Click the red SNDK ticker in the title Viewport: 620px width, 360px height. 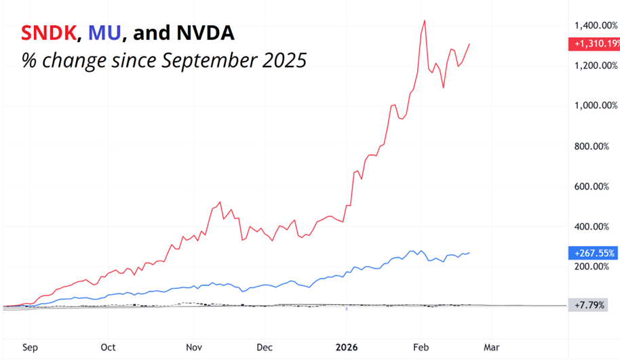click(x=50, y=32)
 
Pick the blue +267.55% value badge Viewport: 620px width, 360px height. click(x=592, y=254)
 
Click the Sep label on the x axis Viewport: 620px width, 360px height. click(x=30, y=348)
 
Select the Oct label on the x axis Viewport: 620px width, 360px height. click(x=109, y=348)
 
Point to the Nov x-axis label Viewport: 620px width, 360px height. click(x=195, y=348)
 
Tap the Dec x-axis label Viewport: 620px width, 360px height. click(x=265, y=348)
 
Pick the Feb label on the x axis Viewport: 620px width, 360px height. click(x=420, y=348)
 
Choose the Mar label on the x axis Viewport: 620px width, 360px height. click(x=490, y=348)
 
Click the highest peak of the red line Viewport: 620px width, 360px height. click(x=425, y=20)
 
